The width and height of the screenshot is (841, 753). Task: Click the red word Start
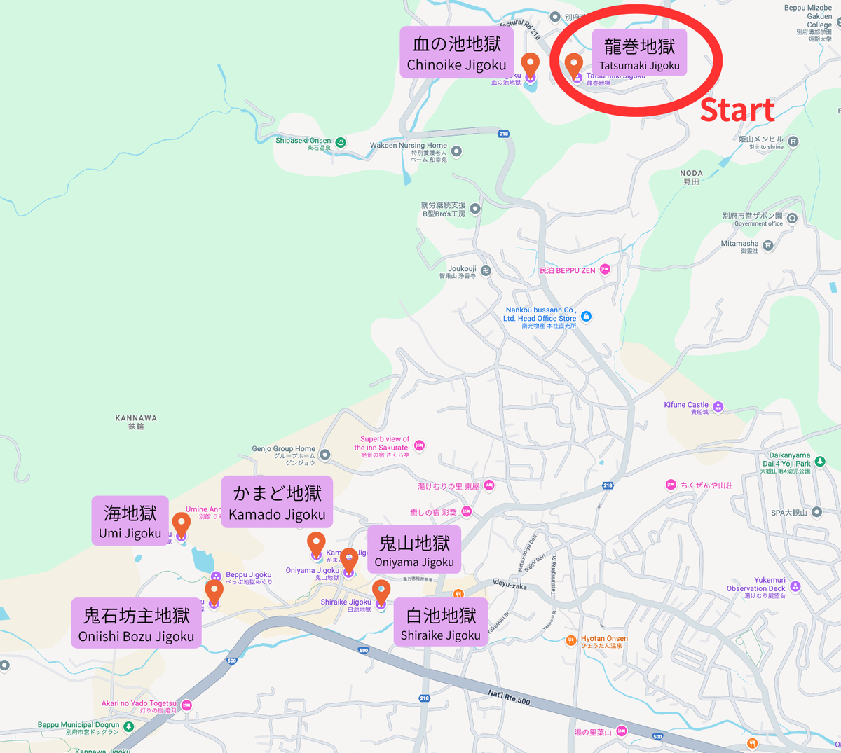tap(737, 110)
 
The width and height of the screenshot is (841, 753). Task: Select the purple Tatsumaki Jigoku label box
tap(639, 54)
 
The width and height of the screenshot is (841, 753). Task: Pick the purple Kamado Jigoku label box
tap(277, 502)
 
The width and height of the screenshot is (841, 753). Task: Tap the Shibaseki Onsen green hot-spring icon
tap(341, 142)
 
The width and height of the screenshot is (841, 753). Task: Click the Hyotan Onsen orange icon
tap(571, 640)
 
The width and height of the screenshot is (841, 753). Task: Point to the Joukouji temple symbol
tap(486, 270)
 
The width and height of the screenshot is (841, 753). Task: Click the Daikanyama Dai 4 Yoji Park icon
tap(820, 461)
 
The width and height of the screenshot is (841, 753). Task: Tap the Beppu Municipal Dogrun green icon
tap(128, 726)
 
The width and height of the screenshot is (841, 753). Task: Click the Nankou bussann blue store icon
tap(587, 317)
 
